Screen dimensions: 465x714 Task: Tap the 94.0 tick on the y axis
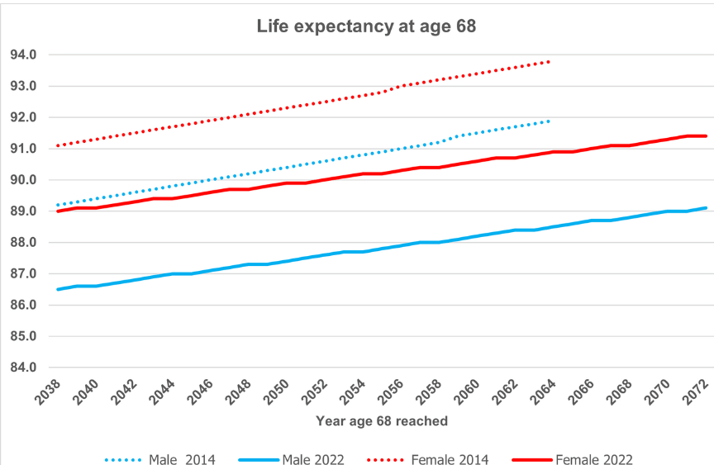tap(23, 55)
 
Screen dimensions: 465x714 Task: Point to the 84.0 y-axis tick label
tap(23, 368)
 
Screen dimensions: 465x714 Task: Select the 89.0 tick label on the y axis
tap(23, 211)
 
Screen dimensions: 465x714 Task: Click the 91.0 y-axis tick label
tap(23, 149)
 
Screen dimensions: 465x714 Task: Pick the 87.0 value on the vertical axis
tap(23, 274)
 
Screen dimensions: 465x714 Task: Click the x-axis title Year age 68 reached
tap(382, 421)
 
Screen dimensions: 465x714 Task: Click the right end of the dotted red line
tap(549, 61)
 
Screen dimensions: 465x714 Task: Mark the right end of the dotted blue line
tap(549, 121)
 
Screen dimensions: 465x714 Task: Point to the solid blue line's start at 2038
tap(57, 289)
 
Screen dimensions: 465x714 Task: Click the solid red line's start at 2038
tap(57, 211)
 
